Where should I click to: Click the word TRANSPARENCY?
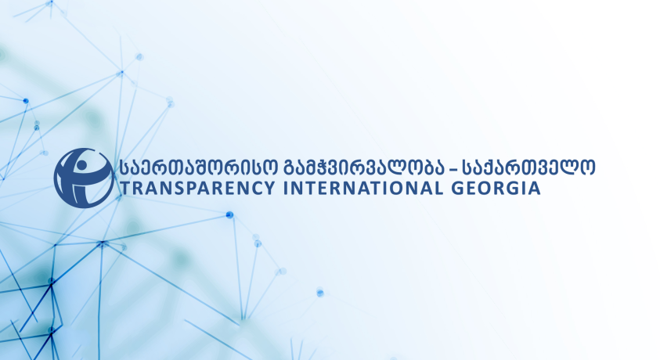click(x=197, y=188)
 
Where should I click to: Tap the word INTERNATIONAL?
click(x=362, y=188)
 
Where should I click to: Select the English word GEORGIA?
click(x=496, y=188)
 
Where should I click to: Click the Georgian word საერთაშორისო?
click(x=197, y=167)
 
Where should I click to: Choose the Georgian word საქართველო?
click(x=528, y=167)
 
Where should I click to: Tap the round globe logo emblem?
click(x=83, y=178)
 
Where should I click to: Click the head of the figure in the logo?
click(x=81, y=164)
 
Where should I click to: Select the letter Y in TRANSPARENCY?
click(x=269, y=188)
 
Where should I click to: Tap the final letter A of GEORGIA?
click(x=534, y=188)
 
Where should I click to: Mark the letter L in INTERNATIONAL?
click(x=438, y=188)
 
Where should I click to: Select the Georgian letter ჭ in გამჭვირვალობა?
click(x=326, y=167)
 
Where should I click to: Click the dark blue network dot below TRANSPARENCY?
click(x=230, y=215)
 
